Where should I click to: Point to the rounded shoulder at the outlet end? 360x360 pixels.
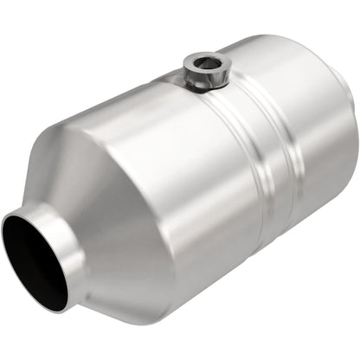(x=337, y=69)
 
